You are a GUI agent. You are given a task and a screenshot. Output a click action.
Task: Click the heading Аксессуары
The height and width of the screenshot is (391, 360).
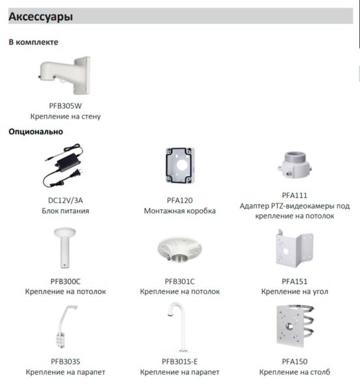(x=40, y=16)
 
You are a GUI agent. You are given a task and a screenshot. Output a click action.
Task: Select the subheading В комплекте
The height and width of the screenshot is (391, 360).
(x=33, y=42)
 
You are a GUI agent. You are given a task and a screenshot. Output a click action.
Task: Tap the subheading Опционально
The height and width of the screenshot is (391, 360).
(x=36, y=132)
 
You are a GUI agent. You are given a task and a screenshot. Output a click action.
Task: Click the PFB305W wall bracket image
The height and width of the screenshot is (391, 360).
(x=65, y=76)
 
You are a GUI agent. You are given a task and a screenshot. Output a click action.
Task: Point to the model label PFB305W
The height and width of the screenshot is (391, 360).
(x=65, y=106)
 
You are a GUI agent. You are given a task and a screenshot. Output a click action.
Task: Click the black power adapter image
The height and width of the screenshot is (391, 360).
(x=63, y=166)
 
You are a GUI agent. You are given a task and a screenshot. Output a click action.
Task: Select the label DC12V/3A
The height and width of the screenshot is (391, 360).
(x=65, y=200)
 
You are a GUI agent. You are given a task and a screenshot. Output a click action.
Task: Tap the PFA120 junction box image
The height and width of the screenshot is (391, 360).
(x=180, y=166)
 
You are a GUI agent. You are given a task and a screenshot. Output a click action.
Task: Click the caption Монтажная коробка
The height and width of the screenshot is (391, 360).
(x=180, y=210)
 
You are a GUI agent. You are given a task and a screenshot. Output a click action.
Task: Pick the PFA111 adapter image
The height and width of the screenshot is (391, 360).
(x=294, y=165)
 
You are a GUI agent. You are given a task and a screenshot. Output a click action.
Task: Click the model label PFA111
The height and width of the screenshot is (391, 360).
(x=295, y=195)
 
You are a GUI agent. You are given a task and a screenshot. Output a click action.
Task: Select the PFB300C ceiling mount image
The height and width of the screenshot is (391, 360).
(x=65, y=248)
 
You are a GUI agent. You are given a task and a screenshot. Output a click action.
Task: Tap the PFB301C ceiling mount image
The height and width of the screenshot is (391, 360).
(x=179, y=250)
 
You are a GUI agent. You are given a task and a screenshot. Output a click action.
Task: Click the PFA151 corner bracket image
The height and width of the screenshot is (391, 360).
(x=294, y=248)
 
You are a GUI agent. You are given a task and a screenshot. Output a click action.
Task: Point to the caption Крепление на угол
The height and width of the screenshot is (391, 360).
(x=295, y=291)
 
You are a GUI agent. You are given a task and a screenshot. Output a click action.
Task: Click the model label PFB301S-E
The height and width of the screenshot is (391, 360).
(x=179, y=361)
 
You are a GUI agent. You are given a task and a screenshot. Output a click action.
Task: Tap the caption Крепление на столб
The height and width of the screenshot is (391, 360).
(x=295, y=372)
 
